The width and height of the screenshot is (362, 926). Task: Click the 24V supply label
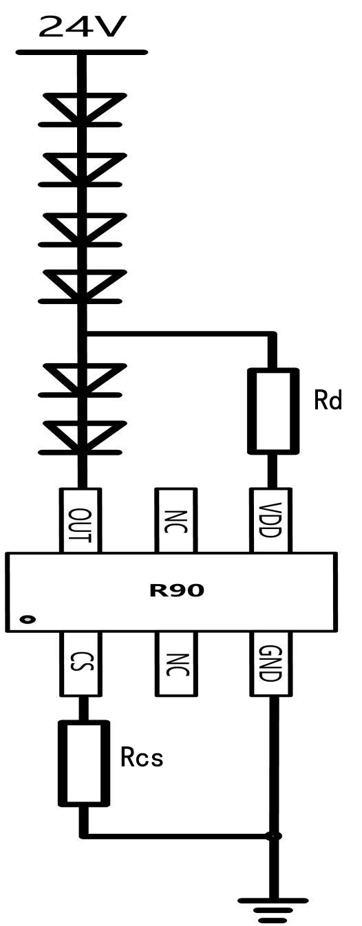(81, 27)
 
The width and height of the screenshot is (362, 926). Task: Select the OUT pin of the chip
(81, 520)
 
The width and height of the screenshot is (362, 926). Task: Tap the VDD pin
(271, 520)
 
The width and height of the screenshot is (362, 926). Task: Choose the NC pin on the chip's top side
(175, 520)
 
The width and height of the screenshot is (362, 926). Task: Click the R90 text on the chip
(177, 590)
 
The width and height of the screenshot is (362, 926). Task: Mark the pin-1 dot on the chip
(28, 619)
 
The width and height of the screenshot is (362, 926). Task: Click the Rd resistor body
(273, 411)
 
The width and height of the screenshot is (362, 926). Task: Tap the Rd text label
(328, 400)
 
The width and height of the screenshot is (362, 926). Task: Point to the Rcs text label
(142, 757)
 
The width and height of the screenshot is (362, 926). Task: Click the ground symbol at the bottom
(273, 911)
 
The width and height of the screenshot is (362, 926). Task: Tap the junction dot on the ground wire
(273, 836)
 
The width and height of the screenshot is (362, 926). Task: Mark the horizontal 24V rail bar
(81, 52)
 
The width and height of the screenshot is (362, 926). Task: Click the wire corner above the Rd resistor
(273, 334)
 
